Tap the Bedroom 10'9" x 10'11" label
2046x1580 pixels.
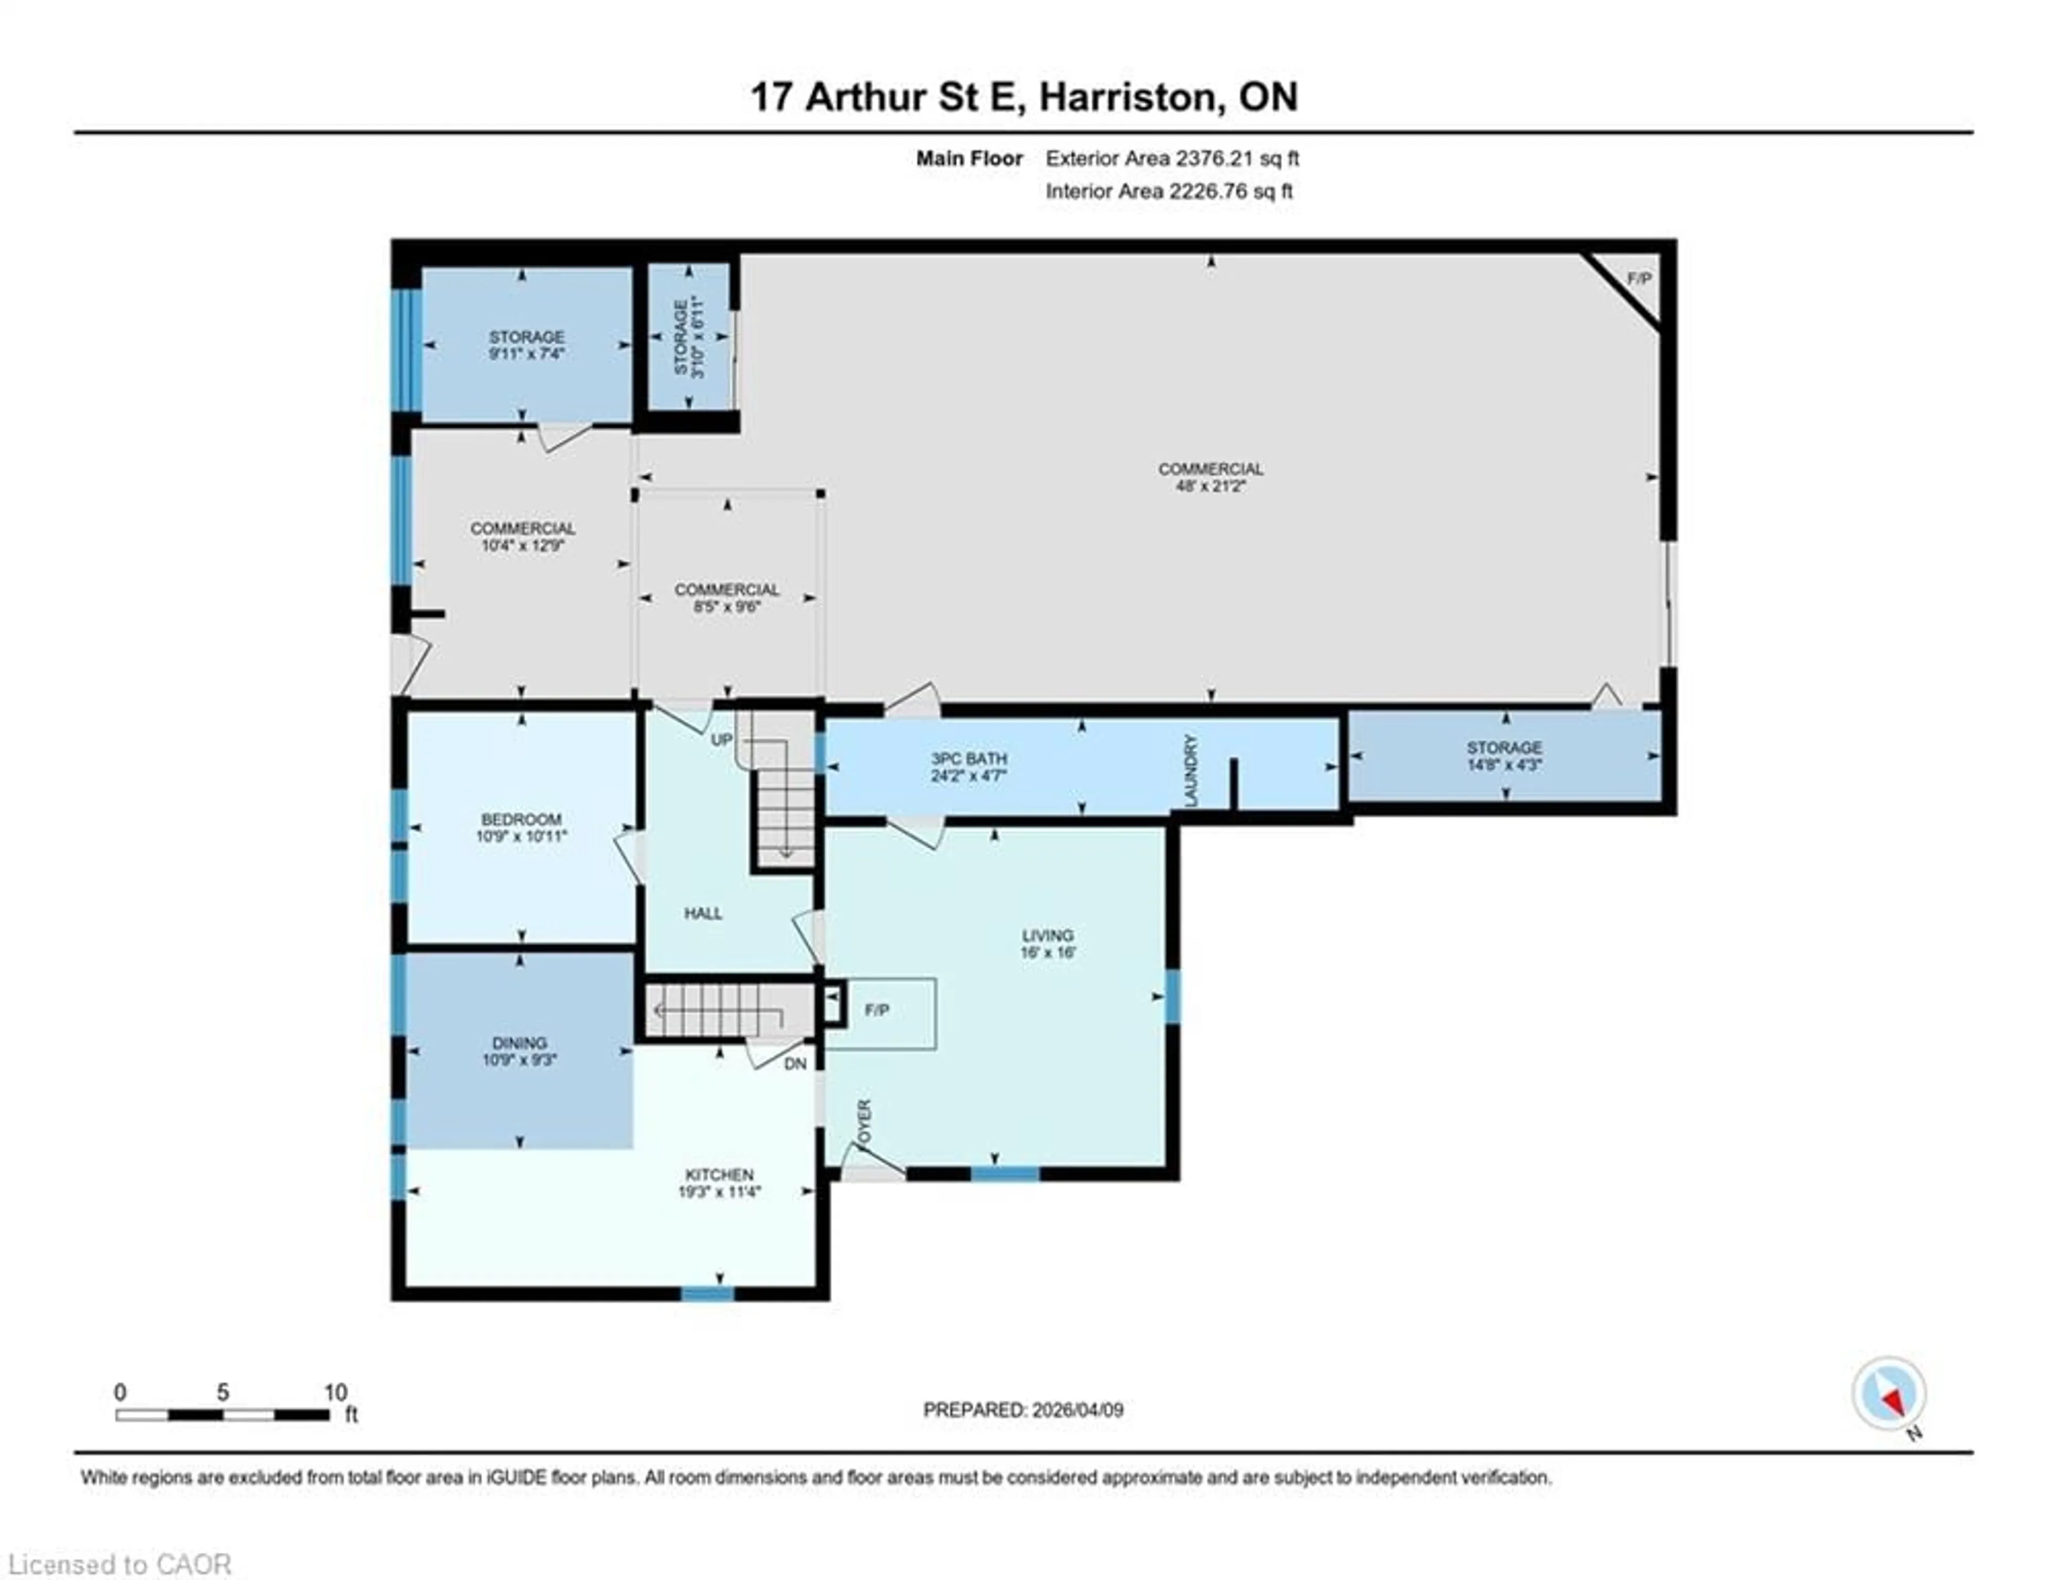tap(521, 827)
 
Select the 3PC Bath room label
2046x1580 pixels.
tap(969, 767)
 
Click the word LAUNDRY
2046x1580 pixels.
tap(1191, 770)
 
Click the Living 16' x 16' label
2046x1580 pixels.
tap(1048, 944)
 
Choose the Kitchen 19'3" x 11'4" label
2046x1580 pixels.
tap(719, 1183)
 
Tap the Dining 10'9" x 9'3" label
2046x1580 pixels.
tap(520, 1051)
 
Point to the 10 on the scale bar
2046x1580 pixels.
tap(335, 1392)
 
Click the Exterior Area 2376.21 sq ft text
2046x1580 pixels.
tap(1172, 158)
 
